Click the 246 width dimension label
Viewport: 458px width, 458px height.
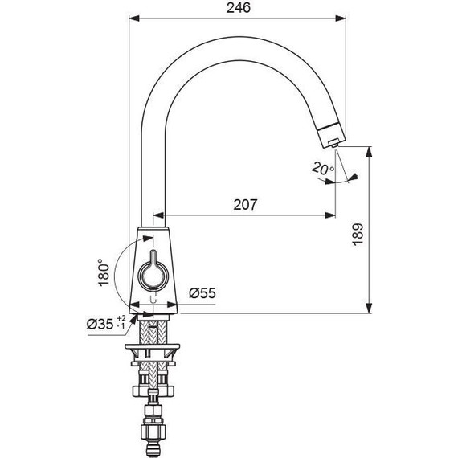coord(239,8)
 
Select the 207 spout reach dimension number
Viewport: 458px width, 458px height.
coord(245,205)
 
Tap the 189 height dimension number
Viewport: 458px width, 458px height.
coord(358,235)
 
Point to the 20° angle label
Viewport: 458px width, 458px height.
coord(322,169)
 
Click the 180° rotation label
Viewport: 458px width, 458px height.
coord(104,272)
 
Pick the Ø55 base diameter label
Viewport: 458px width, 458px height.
coord(202,293)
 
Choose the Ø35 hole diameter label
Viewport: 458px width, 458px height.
coord(100,324)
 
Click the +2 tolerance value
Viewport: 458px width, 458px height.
coord(121,318)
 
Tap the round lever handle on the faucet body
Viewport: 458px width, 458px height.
coord(153,274)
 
